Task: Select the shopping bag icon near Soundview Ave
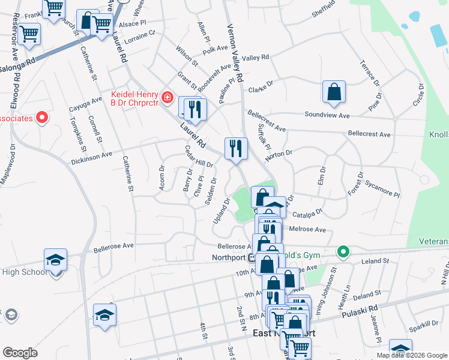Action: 334,92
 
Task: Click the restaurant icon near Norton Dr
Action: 236,148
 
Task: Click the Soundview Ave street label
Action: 327,115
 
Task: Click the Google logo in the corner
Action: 20,353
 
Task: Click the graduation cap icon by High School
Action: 55,260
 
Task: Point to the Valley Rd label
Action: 255,58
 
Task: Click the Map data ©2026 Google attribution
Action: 412,355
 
